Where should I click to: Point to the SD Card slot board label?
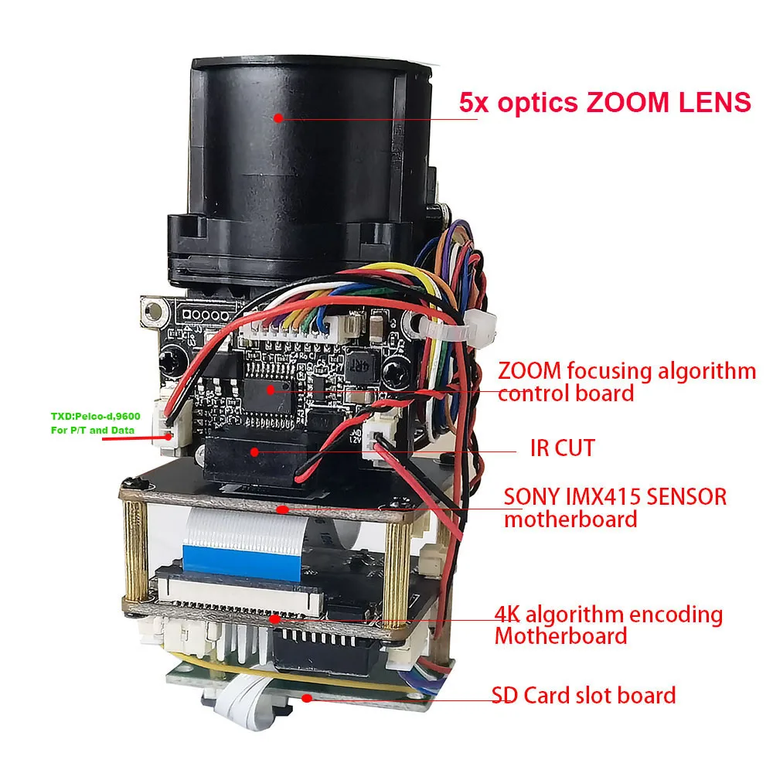[x=584, y=695]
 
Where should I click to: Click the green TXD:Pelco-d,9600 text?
[x=96, y=416]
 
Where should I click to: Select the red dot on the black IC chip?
[x=271, y=389]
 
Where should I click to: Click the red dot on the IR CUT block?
[x=255, y=450]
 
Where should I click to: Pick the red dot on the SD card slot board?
[x=308, y=697]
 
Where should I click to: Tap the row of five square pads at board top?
[x=203, y=315]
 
